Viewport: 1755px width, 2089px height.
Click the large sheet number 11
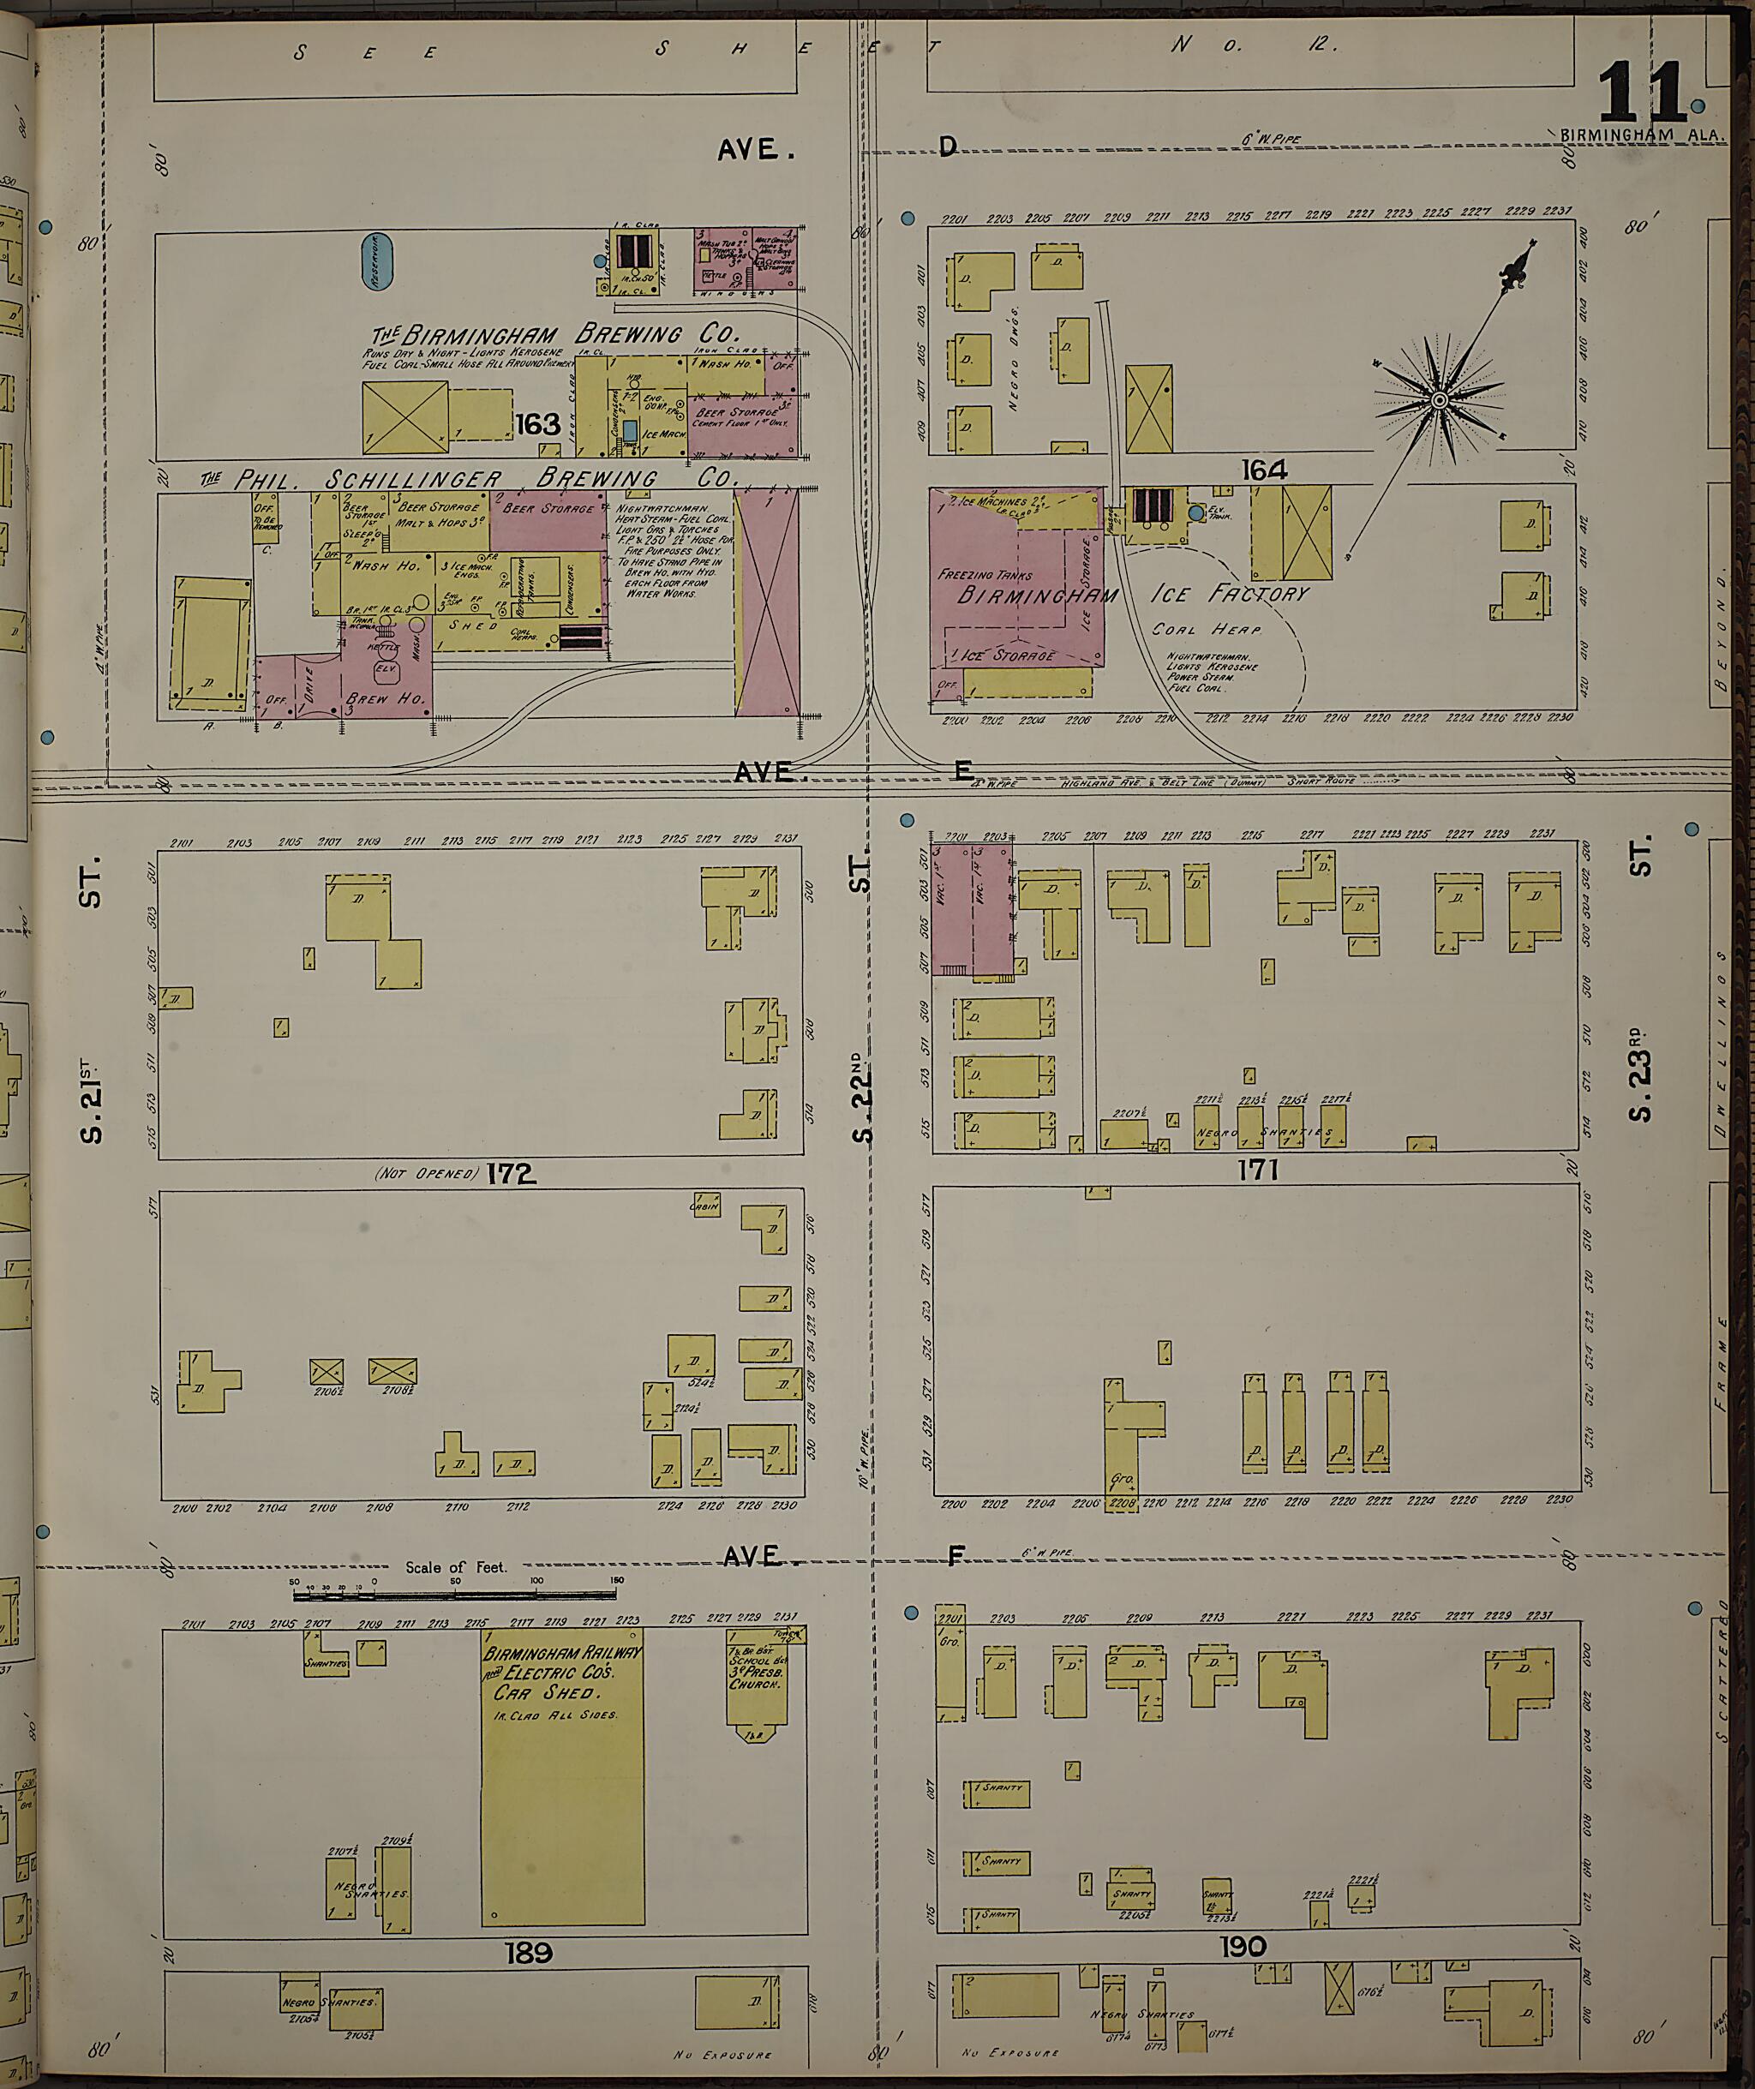(x=1642, y=93)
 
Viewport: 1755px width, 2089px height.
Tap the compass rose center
(x=1439, y=400)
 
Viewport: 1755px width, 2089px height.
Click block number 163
(x=537, y=425)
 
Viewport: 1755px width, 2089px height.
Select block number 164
(x=1263, y=469)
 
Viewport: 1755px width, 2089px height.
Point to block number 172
(x=512, y=1174)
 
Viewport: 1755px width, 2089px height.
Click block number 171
(x=1258, y=1170)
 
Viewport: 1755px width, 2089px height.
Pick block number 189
(x=527, y=1953)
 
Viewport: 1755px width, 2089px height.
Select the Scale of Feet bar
(x=456, y=1595)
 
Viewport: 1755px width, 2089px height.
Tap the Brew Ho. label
(x=386, y=699)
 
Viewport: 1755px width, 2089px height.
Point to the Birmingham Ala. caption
(x=1644, y=135)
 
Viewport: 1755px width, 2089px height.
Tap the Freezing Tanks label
(x=985, y=575)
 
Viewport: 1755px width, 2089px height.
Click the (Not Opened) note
(x=426, y=1174)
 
